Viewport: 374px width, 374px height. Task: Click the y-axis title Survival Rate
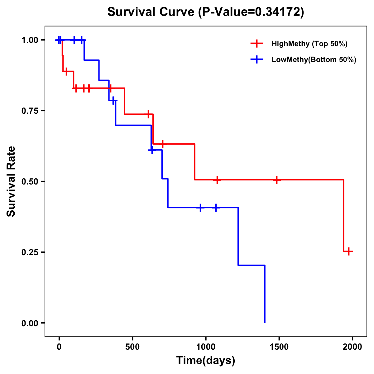pos(11,181)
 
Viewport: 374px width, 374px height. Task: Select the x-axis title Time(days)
pos(206,361)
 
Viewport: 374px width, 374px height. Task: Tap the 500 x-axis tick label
pos(132,347)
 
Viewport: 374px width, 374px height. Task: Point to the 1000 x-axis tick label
pos(206,347)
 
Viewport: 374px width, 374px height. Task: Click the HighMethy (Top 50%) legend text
pos(309,44)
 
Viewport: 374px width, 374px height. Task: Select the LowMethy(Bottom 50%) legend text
pos(314,60)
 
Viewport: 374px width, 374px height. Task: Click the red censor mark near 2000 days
pos(349,251)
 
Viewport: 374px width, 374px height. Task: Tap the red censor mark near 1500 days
pos(276,180)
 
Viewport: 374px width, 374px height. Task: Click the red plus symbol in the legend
pos(257,44)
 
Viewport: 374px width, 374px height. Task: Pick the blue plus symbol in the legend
pos(257,60)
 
